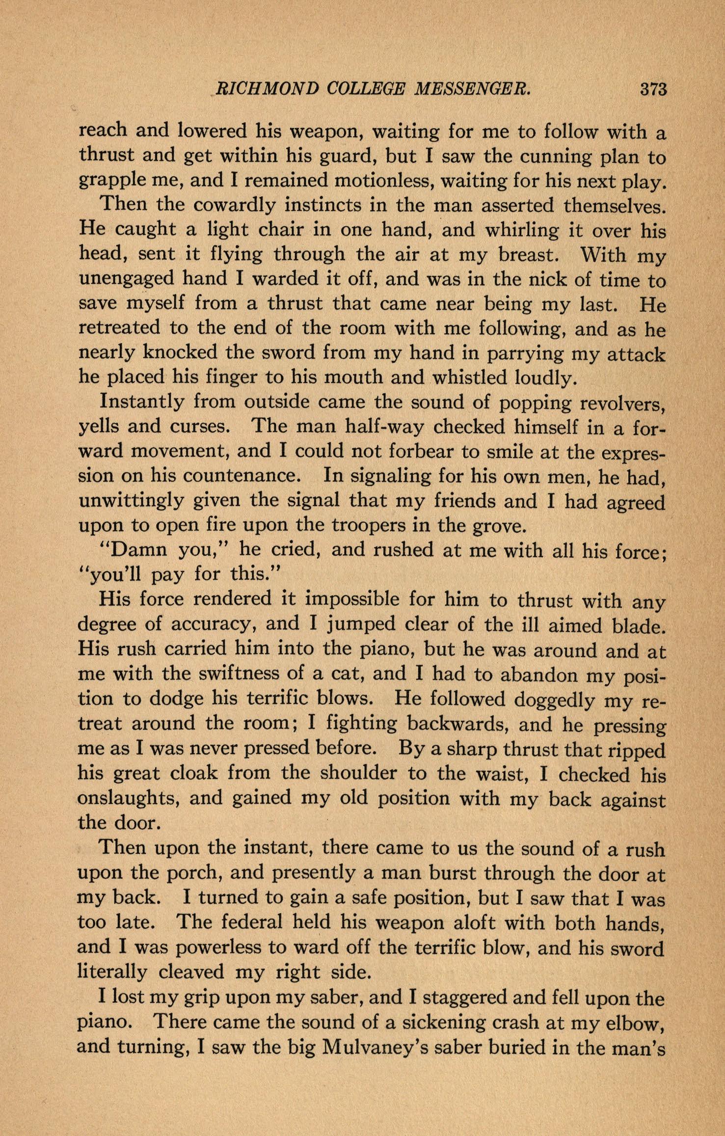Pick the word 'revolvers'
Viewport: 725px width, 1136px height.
pos(622,404)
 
